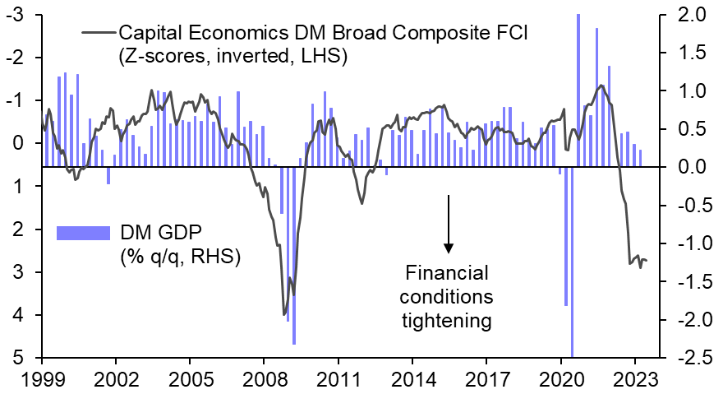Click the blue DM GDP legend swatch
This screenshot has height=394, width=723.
(x=82, y=233)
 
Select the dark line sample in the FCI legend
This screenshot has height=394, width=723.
(x=98, y=33)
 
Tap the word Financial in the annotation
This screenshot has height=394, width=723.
(x=447, y=272)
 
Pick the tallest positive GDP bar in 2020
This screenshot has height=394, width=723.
(x=578, y=90)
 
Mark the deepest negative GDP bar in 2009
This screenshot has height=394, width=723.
(x=293, y=255)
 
